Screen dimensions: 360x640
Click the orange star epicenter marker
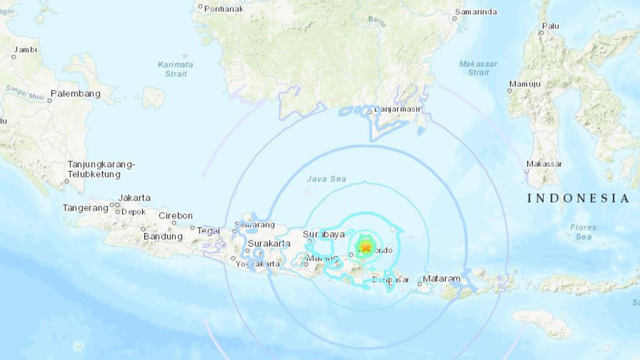click(365, 247)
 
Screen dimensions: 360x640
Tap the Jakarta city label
click(134, 198)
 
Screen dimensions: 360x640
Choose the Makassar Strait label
click(478, 68)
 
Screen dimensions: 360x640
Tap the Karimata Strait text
click(176, 69)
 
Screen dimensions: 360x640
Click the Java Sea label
click(326, 179)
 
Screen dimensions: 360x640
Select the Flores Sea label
click(583, 232)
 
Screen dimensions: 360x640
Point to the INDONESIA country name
click(578, 198)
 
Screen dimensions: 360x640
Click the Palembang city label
click(75, 94)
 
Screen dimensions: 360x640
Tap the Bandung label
click(163, 236)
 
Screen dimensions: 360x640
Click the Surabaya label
click(323, 235)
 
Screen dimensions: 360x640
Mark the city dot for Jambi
click(14, 57)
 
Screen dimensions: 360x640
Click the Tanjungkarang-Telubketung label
click(101, 169)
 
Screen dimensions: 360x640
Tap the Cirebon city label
click(176, 216)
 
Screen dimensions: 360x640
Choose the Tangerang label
click(85, 208)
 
